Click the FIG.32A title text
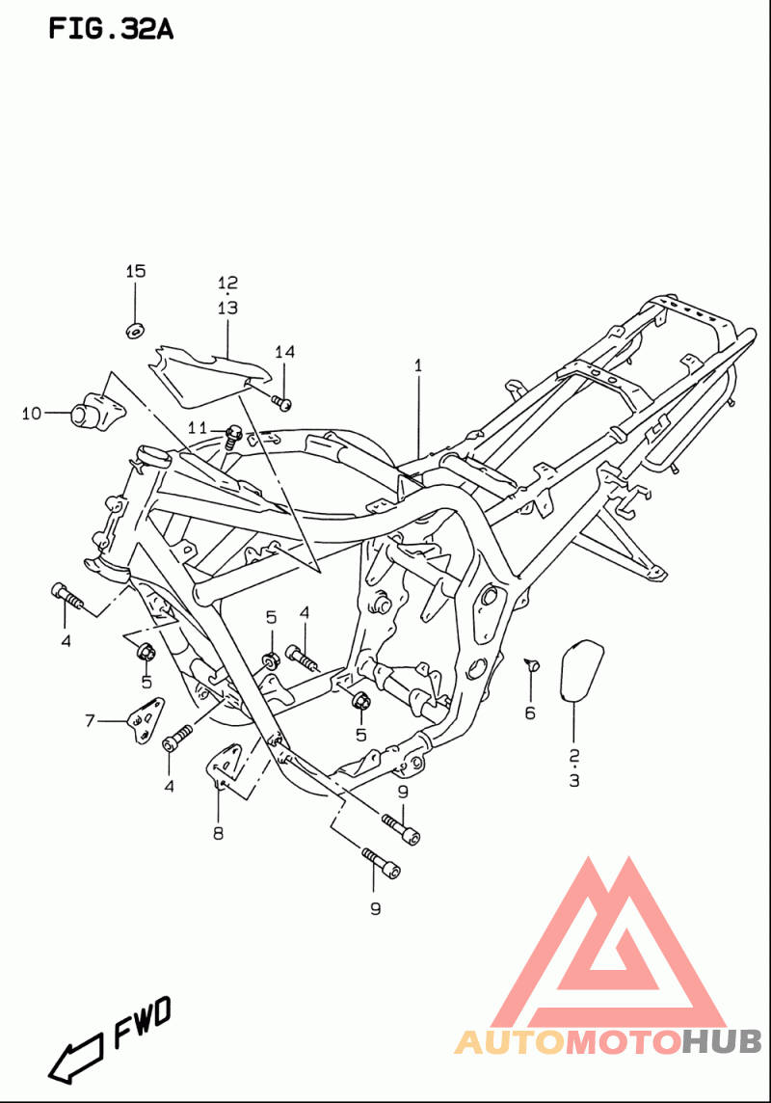(x=110, y=29)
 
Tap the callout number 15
(x=136, y=272)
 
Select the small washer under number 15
(x=135, y=329)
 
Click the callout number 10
(x=32, y=414)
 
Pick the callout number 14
(x=284, y=352)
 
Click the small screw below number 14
(x=281, y=403)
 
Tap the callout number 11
(x=198, y=428)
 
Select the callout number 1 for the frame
(x=418, y=365)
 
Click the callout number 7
(x=90, y=720)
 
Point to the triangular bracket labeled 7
(x=146, y=721)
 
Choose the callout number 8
(x=219, y=834)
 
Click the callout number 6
(x=530, y=713)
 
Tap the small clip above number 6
(x=533, y=664)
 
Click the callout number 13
(x=227, y=309)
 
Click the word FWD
(x=143, y=1022)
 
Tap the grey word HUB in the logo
(x=722, y=1042)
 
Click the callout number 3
(x=574, y=780)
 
